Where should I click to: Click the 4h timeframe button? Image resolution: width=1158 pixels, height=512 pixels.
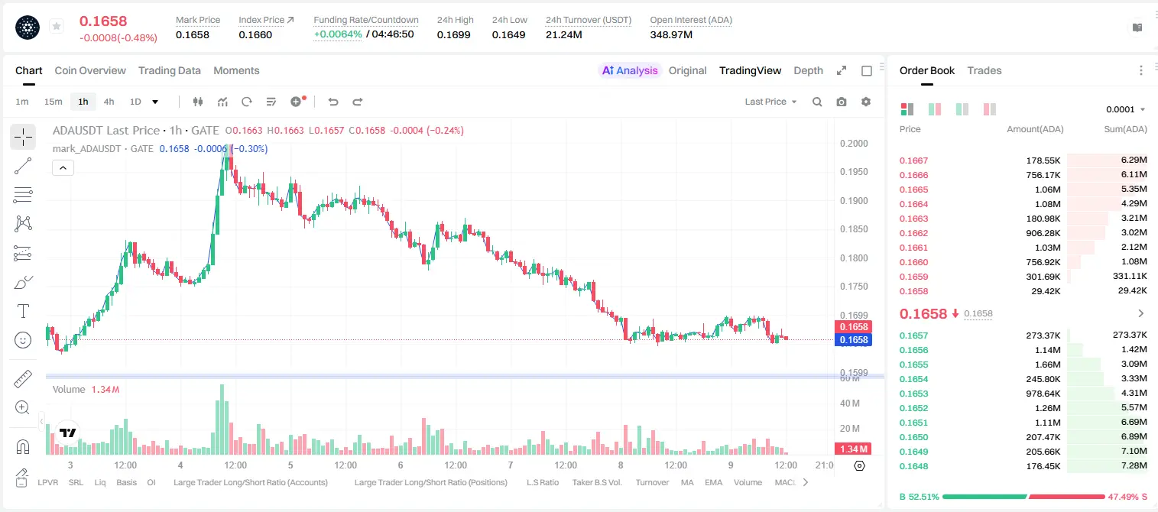[x=109, y=102]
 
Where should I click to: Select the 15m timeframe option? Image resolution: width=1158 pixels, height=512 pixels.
[x=54, y=102]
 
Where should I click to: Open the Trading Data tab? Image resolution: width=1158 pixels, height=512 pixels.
[x=170, y=70]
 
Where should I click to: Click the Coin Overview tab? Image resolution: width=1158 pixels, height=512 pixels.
[x=90, y=70]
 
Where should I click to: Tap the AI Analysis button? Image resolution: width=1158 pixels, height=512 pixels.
[x=630, y=70]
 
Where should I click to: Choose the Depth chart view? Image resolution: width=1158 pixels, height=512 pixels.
[x=808, y=70]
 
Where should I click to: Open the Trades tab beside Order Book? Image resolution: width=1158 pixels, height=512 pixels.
[x=984, y=70]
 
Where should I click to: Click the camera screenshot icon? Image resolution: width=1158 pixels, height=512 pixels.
[x=842, y=102]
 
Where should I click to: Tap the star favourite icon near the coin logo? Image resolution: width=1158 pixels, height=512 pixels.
[x=57, y=26]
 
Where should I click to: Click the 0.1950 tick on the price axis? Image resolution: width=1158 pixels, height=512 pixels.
[x=854, y=172]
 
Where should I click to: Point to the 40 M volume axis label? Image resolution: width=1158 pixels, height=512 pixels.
[x=850, y=403]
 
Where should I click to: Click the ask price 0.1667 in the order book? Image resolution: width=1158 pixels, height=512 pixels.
[x=913, y=160]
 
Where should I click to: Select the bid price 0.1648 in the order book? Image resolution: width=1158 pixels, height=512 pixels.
[x=913, y=466]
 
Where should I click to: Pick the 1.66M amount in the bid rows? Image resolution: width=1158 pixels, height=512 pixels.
[x=1048, y=365]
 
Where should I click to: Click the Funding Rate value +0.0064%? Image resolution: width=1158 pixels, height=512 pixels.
[x=338, y=34]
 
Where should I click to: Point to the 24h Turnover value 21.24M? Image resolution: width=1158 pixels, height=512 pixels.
[x=564, y=34]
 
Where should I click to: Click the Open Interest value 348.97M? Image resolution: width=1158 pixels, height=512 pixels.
[x=671, y=34]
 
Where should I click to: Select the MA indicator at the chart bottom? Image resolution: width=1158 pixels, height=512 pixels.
[x=687, y=482]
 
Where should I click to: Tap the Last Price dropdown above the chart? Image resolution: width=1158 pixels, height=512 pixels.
[x=770, y=102]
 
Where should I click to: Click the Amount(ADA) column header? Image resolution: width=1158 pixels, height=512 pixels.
[x=1035, y=129]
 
